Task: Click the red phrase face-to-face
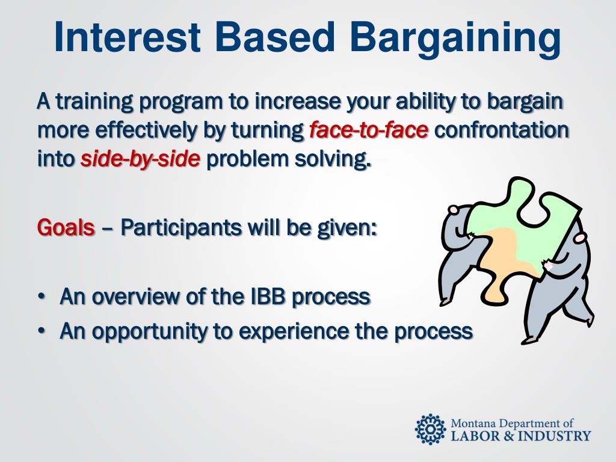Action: coord(369,130)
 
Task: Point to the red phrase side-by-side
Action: coord(140,159)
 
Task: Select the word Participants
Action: coord(180,228)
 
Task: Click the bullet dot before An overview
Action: coord(42,297)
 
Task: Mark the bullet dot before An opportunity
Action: coord(42,332)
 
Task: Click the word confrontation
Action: coord(502,130)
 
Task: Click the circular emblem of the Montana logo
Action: coord(431,430)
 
